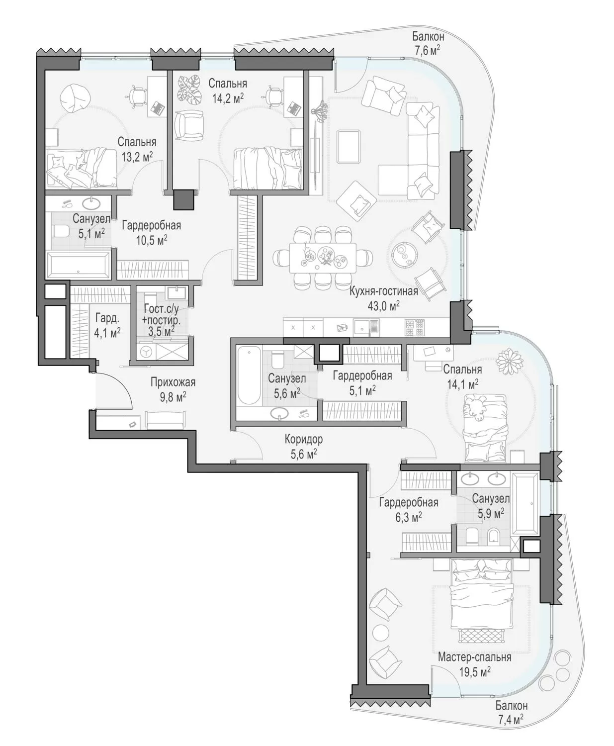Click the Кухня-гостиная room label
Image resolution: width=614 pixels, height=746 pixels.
pyautogui.click(x=384, y=291)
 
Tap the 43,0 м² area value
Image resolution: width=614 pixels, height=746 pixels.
pyautogui.click(x=384, y=306)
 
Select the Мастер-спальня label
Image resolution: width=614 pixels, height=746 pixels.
pyautogui.click(x=475, y=657)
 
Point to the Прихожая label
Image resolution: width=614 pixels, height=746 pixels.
pyautogui.click(x=173, y=382)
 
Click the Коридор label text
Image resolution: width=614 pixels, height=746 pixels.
pyautogui.click(x=304, y=439)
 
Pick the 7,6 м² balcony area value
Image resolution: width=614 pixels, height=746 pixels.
pyautogui.click(x=428, y=50)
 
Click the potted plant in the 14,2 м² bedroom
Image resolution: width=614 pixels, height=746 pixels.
pyautogui.click(x=189, y=90)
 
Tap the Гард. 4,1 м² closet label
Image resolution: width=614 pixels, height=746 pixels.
pyautogui.click(x=107, y=325)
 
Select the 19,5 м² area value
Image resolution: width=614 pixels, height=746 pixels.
pyautogui.click(x=475, y=671)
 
